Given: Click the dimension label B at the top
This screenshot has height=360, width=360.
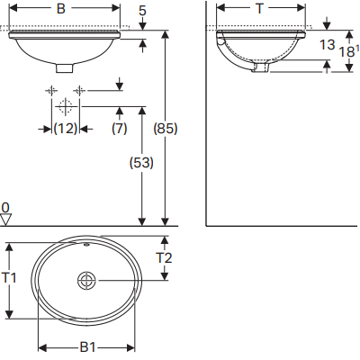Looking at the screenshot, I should point(60,10).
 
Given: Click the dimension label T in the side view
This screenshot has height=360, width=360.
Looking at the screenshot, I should point(259,10).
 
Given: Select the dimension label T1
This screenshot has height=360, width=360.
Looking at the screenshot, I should point(10,279).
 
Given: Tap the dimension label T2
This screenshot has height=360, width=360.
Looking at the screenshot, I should point(165,258).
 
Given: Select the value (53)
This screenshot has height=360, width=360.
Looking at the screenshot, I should point(141,163).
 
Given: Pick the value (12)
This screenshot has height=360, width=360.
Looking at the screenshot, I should point(63,129).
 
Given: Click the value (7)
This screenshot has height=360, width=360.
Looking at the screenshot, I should point(119,129).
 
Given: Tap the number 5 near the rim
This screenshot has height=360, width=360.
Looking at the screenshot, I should point(143,11).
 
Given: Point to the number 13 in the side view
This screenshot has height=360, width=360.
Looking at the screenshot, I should point(328,44).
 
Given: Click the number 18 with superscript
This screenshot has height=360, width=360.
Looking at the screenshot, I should point(347,53).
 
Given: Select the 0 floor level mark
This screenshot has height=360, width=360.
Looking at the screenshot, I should point(5,206).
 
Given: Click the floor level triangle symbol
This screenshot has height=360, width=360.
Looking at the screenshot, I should point(6,219).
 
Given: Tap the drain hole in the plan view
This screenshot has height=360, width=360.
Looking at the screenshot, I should point(87,280).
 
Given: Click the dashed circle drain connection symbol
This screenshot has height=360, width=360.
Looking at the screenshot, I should point(64,106).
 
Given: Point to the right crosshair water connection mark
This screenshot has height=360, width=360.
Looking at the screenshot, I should point(79,91).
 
